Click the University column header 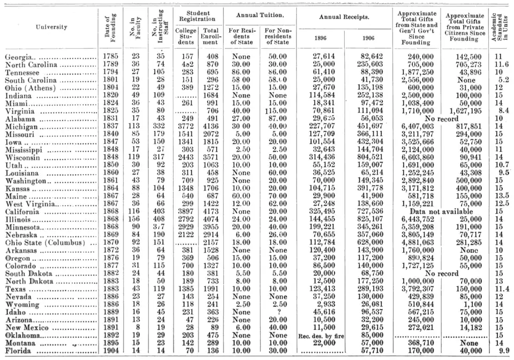[x=51, y=27]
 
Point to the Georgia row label [x=16, y=56]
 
